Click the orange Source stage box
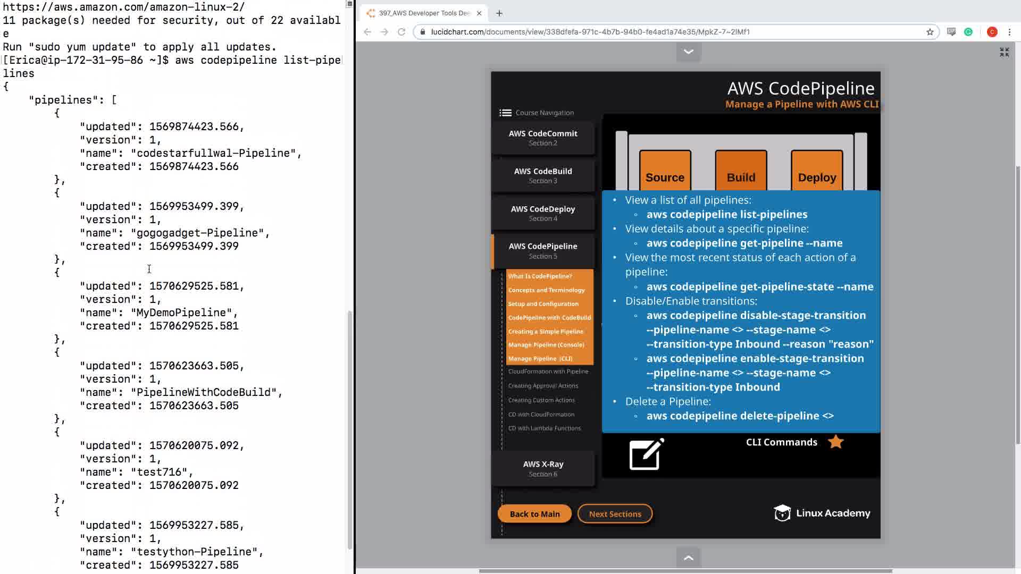[x=665, y=171]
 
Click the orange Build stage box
[x=741, y=171]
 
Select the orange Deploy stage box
[x=817, y=171]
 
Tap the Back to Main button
[x=534, y=514]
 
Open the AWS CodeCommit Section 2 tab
[x=543, y=138]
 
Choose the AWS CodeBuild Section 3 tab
[x=543, y=175]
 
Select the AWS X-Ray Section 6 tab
[x=543, y=468]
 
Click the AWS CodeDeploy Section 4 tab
[x=543, y=213]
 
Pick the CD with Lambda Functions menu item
[x=545, y=428]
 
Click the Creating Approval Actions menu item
[x=543, y=386]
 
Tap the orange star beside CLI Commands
[x=836, y=442]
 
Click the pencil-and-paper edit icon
[x=647, y=454]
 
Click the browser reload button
[x=401, y=32]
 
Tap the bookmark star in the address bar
[x=930, y=32]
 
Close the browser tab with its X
[x=479, y=13]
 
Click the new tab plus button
[x=499, y=13]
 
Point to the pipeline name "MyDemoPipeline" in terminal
[x=181, y=313]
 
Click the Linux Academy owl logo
[x=782, y=513]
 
